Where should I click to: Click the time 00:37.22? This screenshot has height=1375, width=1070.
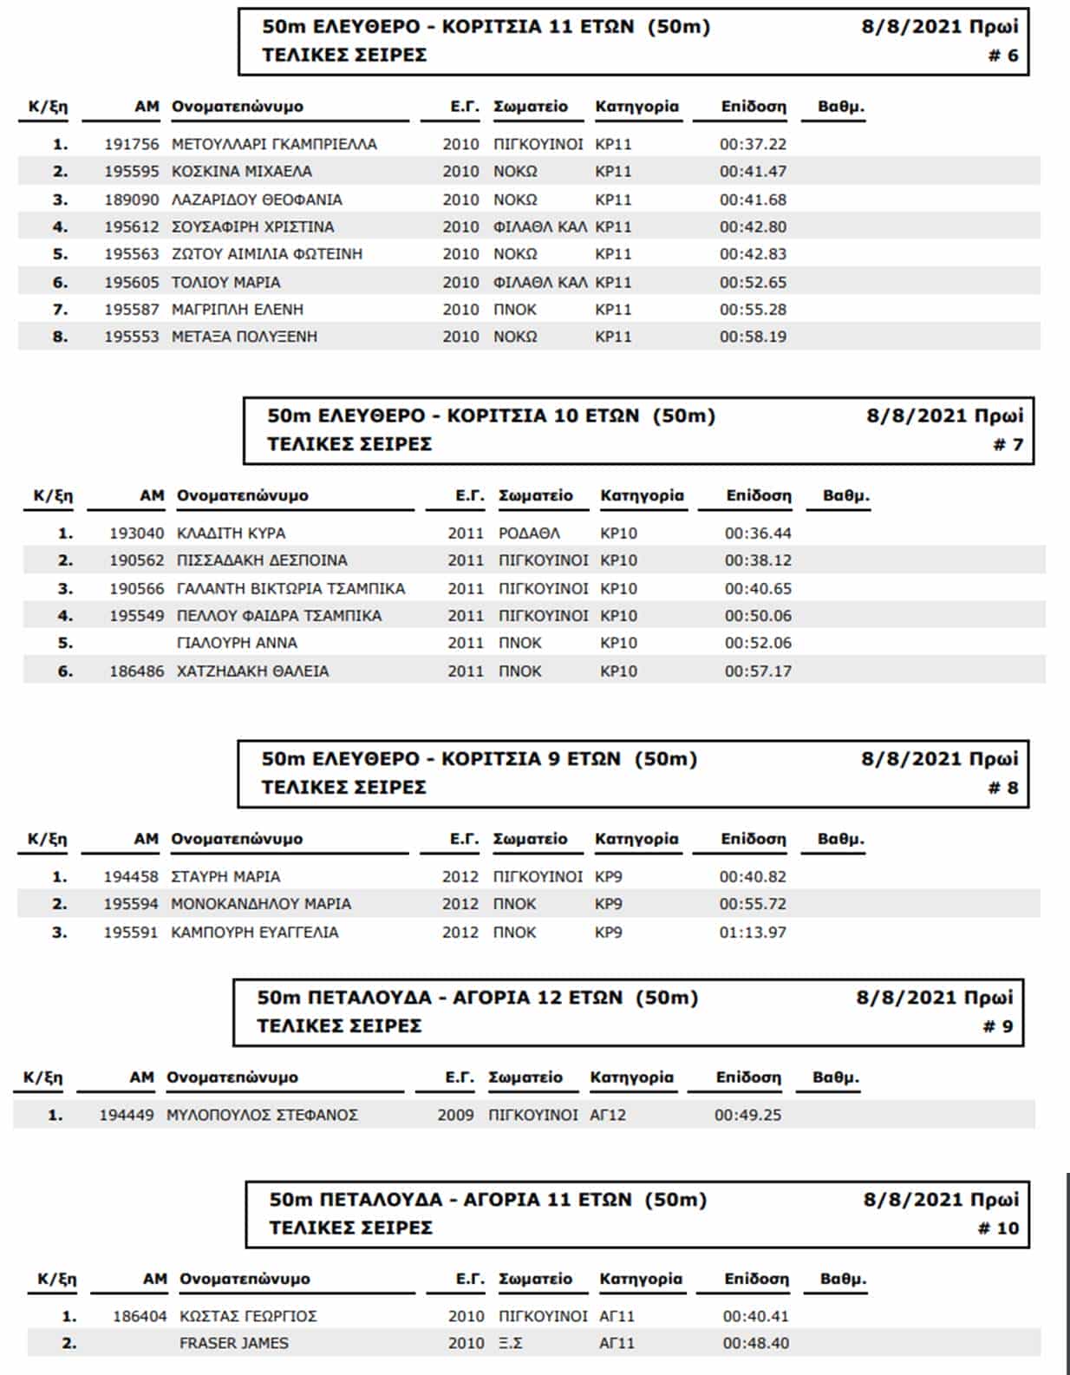coord(753,144)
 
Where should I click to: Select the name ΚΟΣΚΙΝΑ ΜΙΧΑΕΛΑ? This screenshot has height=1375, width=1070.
coord(242,172)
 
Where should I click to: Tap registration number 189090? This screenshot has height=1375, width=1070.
coord(132,200)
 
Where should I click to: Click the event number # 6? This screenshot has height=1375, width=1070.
coord(1003,56)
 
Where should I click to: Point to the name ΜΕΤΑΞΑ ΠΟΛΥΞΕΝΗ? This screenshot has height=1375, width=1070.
coord(245,337)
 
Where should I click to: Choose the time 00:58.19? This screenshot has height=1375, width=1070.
coord(753,337)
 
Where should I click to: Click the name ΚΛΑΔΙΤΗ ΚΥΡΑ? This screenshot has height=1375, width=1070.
coord(231,534)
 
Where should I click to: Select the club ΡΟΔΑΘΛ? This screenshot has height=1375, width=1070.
coord(529,534)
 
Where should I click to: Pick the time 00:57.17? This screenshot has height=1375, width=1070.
coord(758,671)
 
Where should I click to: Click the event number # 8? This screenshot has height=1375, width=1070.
coord(1003,788)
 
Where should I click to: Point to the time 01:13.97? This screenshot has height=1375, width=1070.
coord(753,933)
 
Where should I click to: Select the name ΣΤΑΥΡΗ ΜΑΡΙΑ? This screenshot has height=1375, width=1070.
coord(225,877)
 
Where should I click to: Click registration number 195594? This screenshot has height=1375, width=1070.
coord(131,904)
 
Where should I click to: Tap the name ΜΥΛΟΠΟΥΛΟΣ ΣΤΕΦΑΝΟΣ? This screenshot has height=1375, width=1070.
coord(262,1115)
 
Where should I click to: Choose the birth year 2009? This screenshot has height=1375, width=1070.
coord(455,1115)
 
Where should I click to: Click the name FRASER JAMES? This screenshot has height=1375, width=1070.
coord(234,1343)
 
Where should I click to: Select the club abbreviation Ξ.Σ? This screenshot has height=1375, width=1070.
coord(511,1343)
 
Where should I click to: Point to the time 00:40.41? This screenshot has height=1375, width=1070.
coord(756,1316)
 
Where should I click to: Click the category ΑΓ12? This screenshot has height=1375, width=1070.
coord(608,1115)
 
